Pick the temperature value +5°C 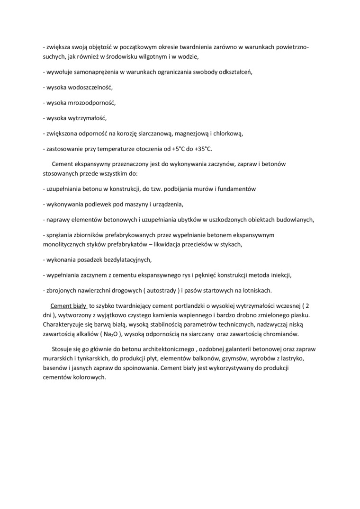178,149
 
